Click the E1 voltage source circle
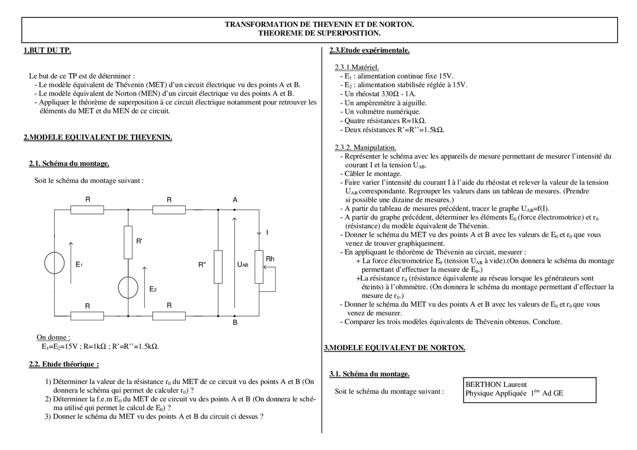(54, 263)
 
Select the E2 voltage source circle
(128, 287)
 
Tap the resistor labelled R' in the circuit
(128, 242)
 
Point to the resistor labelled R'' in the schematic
(218, 267)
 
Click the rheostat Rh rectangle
(259, 267)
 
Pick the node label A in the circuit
(235, 200)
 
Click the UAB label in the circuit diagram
(243, 265)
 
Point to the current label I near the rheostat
(267, 233)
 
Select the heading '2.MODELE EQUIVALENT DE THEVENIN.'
(98, 138)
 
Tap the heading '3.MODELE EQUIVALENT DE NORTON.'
(395, 348)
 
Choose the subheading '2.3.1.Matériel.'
(357, 67)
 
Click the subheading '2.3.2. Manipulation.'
(366, 147)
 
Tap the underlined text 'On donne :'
(53, 337)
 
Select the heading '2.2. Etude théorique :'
(64, 364)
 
